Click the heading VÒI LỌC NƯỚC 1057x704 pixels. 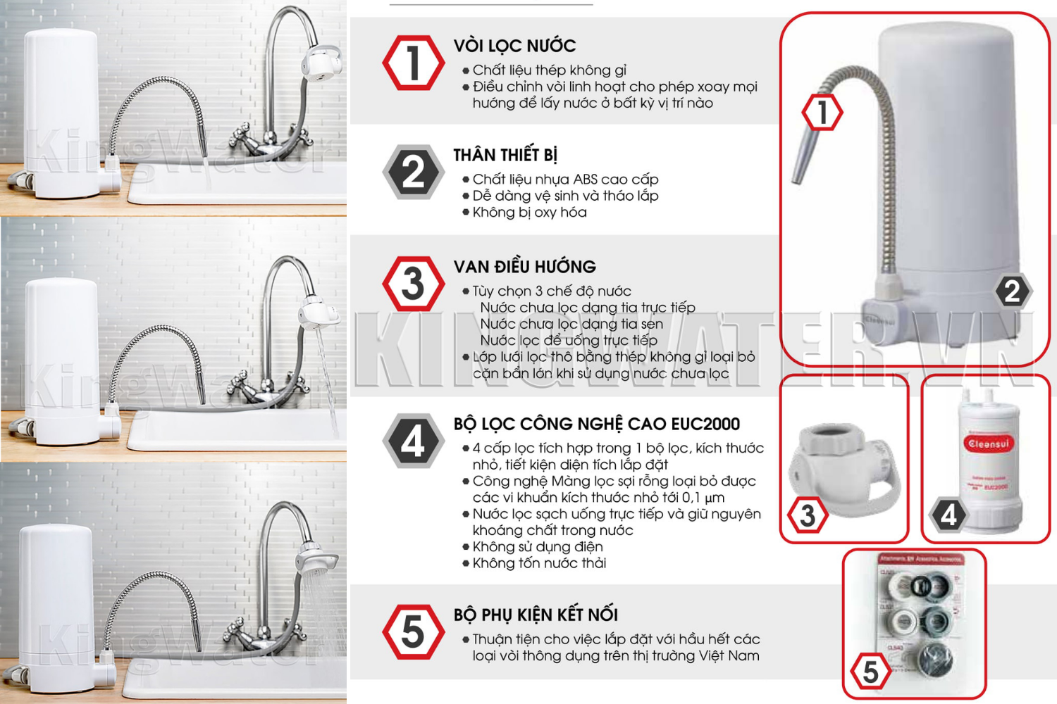click(514, 46)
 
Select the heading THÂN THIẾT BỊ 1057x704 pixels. click(505, 155)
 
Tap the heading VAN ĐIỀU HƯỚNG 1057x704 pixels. click(524, 267)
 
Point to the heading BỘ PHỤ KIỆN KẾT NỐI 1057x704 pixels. click(536, 615)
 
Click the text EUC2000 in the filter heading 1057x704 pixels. click(705, 424)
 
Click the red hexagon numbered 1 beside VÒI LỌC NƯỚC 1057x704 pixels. click(413, 63)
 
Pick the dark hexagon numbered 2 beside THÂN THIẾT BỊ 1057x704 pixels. click(413, 172)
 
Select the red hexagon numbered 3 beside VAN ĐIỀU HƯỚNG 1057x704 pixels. click(413, 284)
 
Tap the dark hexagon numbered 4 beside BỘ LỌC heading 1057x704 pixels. click(413, 441)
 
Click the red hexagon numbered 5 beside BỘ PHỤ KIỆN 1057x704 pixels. click(413, 631)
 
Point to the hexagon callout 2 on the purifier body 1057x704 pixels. click(1013, 291)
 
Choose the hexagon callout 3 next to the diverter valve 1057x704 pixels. click(808, 515)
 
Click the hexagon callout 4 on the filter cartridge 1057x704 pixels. click(948, 515)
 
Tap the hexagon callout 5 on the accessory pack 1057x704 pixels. click(870, 672)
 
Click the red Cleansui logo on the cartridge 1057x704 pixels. click(988, 444)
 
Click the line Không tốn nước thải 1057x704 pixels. click(539, 563)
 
